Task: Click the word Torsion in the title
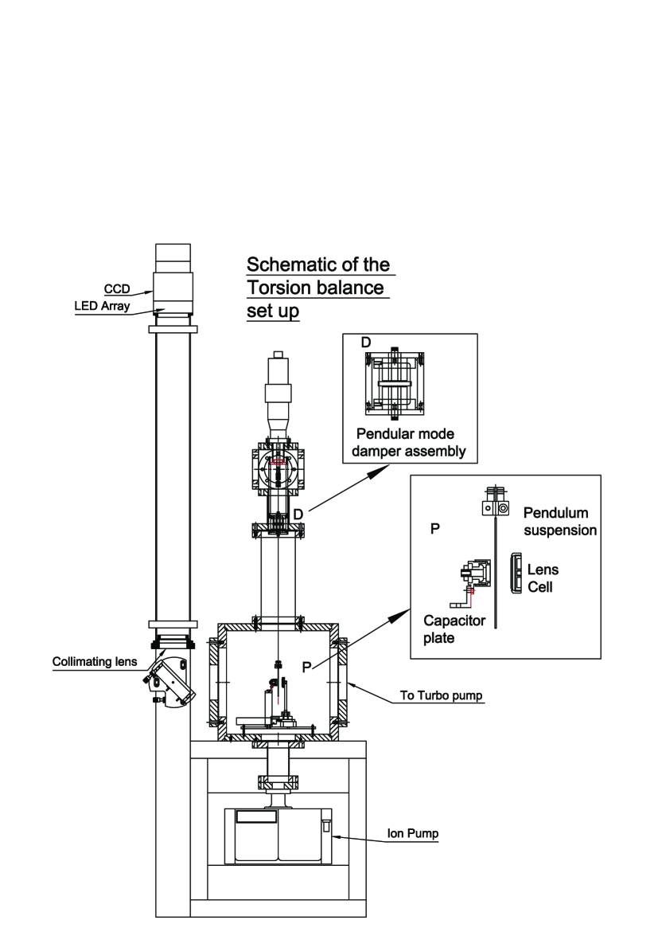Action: click(281, 288)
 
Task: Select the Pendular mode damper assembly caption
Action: click(407, 444)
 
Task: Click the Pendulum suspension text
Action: click(559, 519)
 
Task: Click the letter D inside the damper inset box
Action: click(366, 343)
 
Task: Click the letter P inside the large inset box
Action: click(435, 529)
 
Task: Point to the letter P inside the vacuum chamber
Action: click(306, 667)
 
